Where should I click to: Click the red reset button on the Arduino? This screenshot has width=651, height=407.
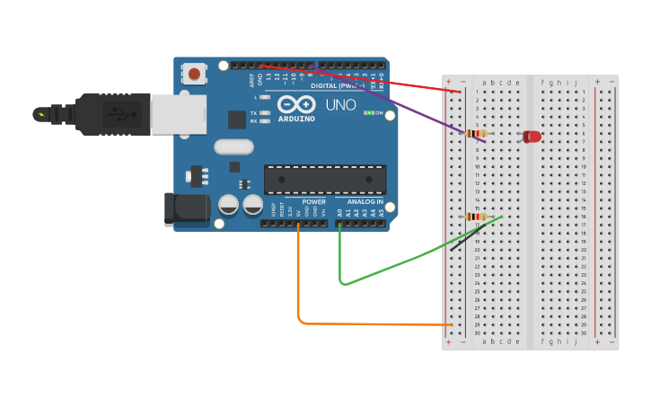click(194, 73)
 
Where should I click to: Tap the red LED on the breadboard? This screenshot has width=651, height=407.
click(532, 137)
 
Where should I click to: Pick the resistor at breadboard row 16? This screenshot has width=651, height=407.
click(477, 217)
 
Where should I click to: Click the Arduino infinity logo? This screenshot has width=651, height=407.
click(295, 104)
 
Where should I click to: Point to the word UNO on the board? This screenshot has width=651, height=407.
click(340, 105)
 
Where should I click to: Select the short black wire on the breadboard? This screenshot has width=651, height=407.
click(465, 239)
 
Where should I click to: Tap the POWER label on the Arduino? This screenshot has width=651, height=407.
click(313, 202)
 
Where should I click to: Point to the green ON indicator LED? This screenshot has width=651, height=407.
click(368, 113)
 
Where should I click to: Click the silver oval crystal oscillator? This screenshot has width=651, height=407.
click(233, 146)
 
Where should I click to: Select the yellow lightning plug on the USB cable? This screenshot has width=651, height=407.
click(40, 114)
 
